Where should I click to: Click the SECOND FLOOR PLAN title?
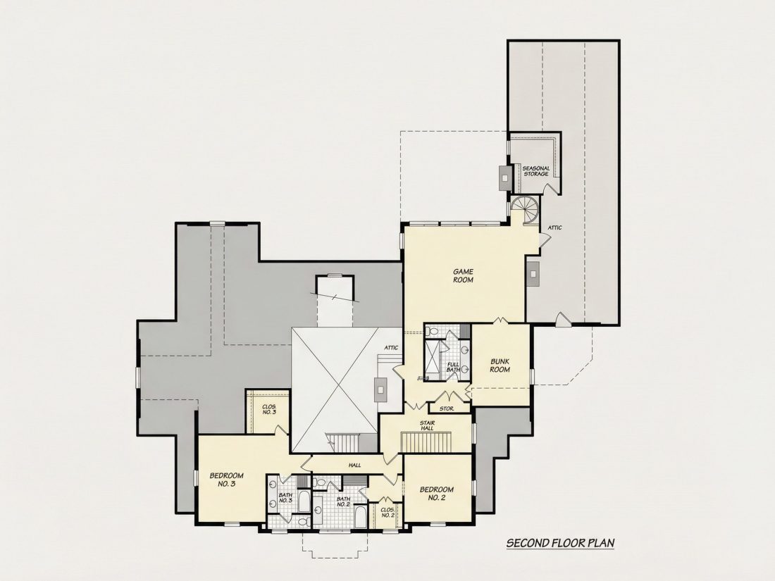click(561, 543)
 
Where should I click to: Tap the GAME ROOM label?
click(463, 275)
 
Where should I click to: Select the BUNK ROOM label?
click(500, 366)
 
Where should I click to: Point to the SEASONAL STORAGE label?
click(535, 171)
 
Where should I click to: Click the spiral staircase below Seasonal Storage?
click(525, 210)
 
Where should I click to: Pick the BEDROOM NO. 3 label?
click(226, 480)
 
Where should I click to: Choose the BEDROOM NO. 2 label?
click(436, 494)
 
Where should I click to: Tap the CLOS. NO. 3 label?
click(269, 409)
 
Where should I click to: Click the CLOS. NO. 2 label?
click(388, 512)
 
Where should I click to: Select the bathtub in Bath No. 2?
click(360, 517)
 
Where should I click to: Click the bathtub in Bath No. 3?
click(304, 501)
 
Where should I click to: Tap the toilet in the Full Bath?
click(433, 331)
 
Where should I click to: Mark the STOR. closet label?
click(446, 408)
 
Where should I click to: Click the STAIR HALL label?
click(427, 425)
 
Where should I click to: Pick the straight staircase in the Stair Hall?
click(426, 441)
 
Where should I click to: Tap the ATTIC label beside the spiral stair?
click(554, 227)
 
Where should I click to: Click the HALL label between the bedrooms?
click(354, 465)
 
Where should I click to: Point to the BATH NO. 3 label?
click(285, 497)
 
